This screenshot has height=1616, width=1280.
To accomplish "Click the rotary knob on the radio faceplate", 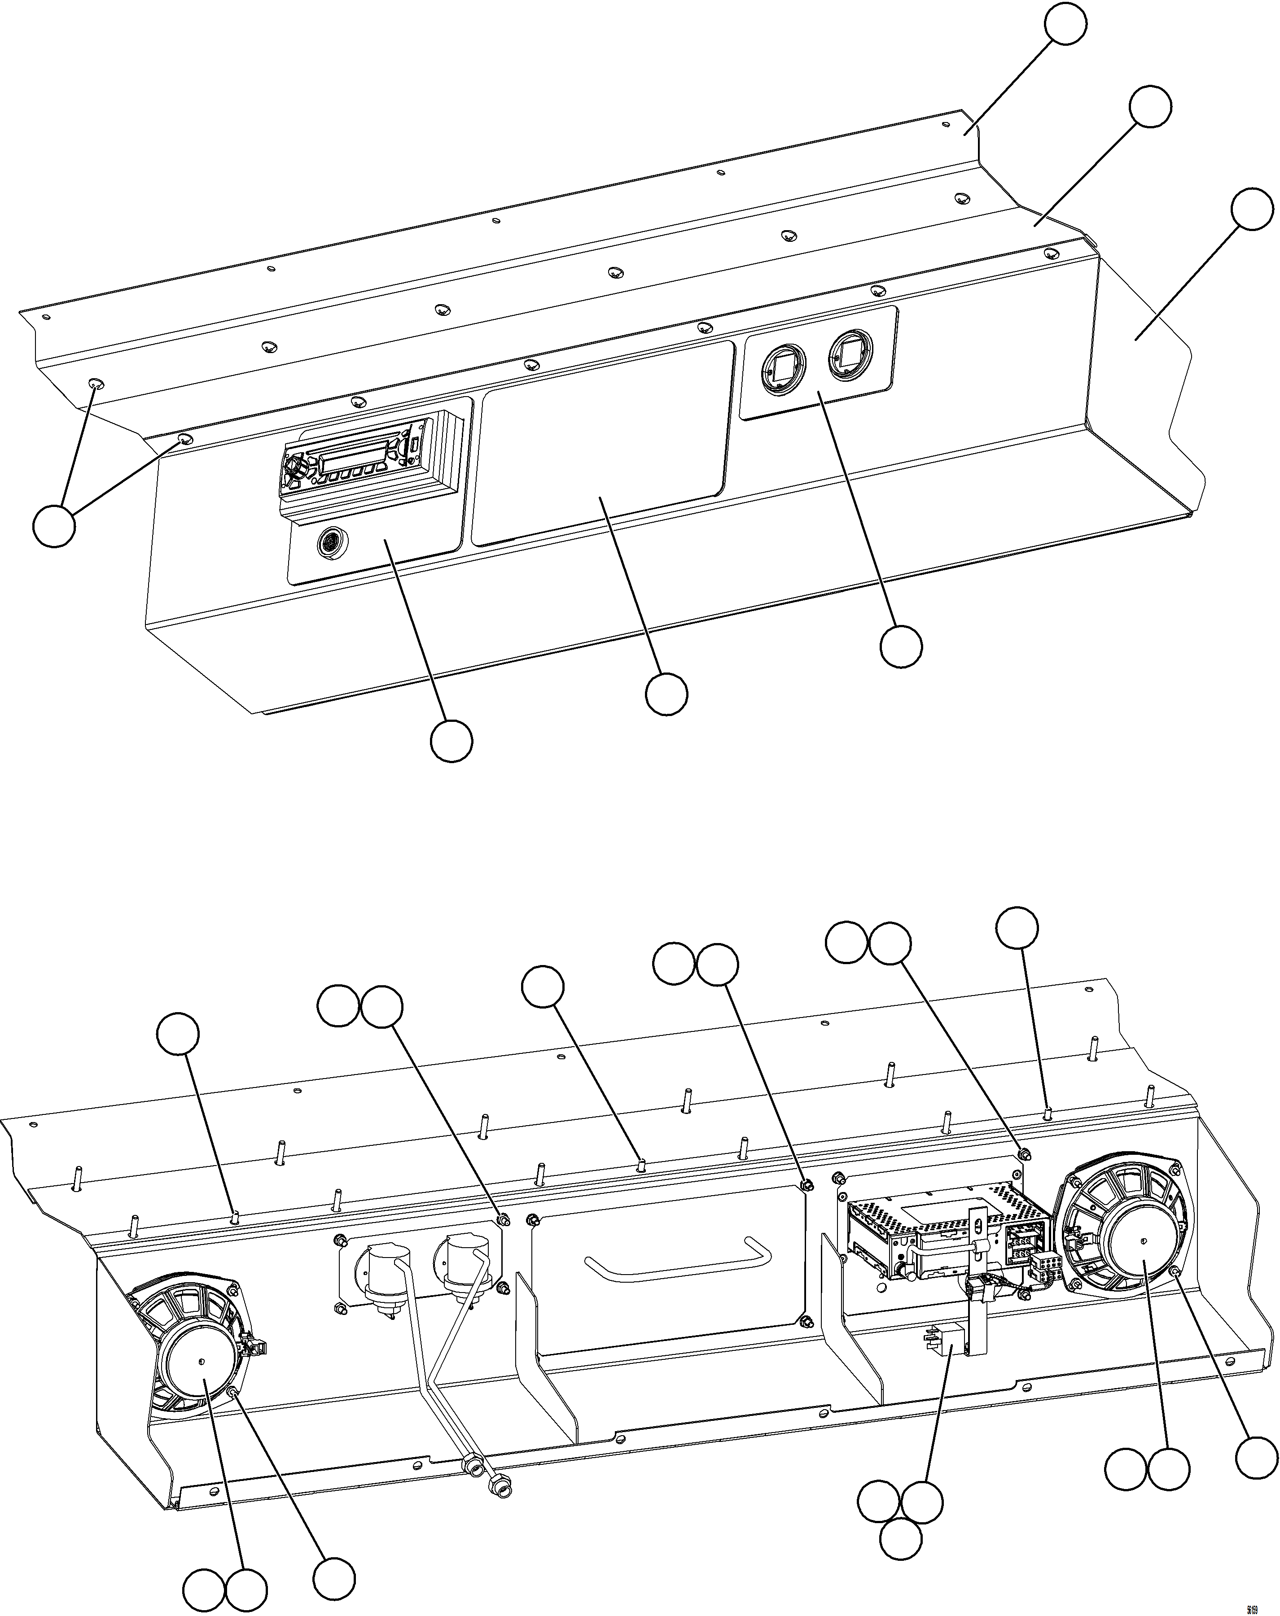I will point(297,469).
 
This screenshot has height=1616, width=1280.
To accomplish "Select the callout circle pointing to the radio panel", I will point(451,741).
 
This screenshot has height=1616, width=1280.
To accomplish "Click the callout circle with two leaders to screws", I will point(54,526).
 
